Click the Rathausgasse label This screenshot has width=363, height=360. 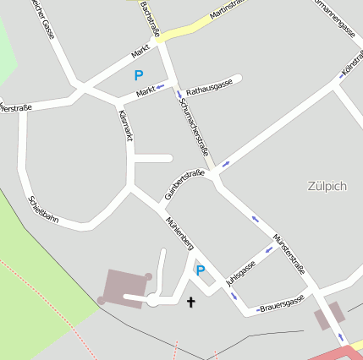209,87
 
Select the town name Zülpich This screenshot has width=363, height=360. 327,186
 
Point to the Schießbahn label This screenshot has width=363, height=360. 44,210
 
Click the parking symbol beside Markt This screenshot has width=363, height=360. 139,75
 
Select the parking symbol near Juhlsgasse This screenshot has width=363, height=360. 201,270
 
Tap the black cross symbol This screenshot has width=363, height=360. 190,301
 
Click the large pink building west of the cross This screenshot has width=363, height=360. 124,285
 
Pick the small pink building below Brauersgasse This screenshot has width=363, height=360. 328,316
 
